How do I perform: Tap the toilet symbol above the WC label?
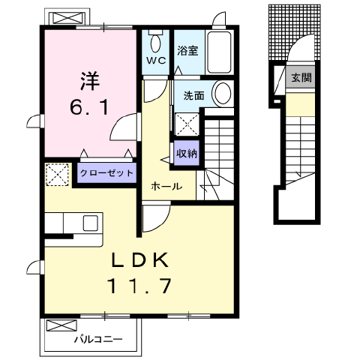pos(155,39)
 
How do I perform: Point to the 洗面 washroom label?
pos(193,96)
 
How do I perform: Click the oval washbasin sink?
pos(222,94)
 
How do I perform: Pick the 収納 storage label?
pos(187,153)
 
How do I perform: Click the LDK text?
pos(142,260)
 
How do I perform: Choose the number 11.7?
pos(142,286)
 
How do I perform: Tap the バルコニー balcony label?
pos(98,340)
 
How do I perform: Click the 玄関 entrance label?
pos(301,76)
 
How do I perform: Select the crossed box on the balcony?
pos(61,326)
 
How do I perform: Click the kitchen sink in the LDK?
pos(90,223)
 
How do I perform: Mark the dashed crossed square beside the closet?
pos(57,174)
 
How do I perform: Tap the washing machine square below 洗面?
pos(186,122)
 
